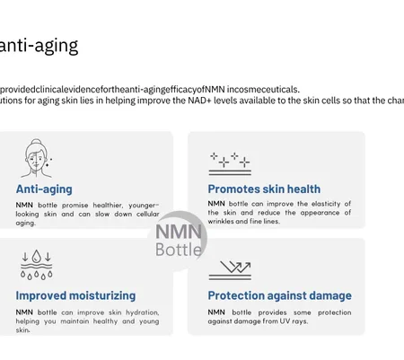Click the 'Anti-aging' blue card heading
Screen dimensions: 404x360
coord(44,189)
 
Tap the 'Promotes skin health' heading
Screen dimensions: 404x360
coord(264,189)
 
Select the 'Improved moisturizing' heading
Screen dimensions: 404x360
coord(75,295)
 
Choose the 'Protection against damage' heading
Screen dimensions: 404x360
coord(280,295)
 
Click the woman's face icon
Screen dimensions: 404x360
coord(37,158)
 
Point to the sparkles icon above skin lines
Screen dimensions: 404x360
coord(230,163)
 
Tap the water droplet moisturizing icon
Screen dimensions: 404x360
coord(37,265)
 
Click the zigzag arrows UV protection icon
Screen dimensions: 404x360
coord(230,270)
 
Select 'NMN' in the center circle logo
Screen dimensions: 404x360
coord(179,232)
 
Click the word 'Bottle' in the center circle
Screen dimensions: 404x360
coord(179,250)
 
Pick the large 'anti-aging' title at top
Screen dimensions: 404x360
coord(39,46)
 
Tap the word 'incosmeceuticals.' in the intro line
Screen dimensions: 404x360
coord(263,89)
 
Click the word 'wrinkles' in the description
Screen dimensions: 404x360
coord(221,222)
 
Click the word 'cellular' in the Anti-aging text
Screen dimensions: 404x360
coord(148,215)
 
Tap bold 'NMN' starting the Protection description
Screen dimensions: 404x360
coord(216,312)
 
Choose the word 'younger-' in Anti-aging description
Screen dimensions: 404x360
coord(144,206)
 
